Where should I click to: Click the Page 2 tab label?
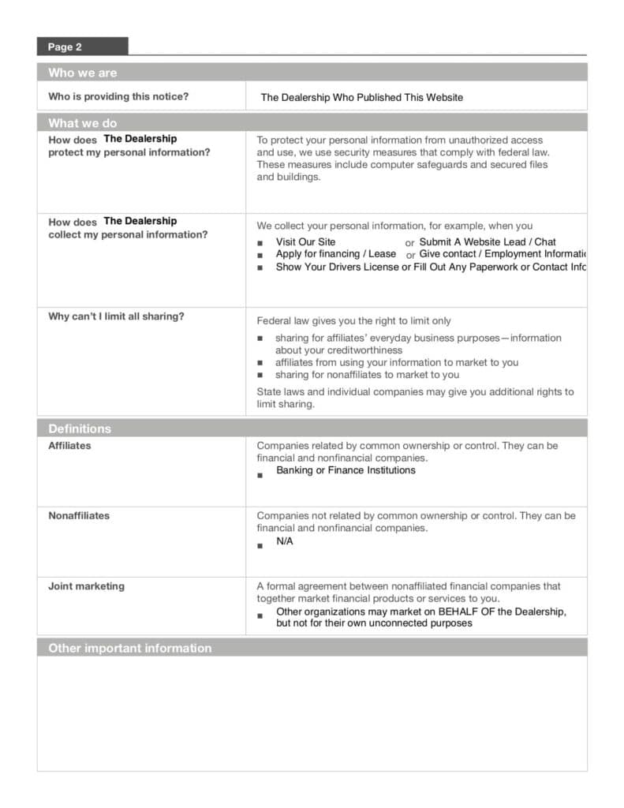coord(65,47)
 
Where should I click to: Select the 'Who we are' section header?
coord(82,73)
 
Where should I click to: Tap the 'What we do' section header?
coord(82,123)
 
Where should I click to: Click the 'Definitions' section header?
coord(80,428)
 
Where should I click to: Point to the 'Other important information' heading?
coord(130,648)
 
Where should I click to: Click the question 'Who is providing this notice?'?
coord(118,97)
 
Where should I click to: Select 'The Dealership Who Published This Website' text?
coord(361,98)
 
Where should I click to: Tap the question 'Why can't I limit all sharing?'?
coord(116,316)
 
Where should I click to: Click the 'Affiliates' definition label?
coord(69,446)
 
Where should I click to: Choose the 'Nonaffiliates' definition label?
coord(79,516)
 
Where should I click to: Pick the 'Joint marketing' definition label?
coord(86,586)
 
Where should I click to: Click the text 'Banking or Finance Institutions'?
coord(346,470)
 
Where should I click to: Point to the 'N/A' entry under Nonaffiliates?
coord(284,541)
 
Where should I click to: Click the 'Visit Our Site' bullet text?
coord(305,242)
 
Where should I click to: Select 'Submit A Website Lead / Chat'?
coord(487,242)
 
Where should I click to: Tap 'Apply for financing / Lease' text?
coord(335,254)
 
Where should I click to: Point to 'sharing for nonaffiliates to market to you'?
coord(367,375)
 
